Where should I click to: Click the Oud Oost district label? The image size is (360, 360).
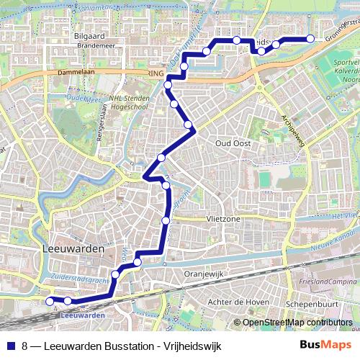coord(233,143)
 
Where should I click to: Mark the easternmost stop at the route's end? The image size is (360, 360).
coord(310,39)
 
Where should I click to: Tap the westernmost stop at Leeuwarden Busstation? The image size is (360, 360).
coord(50,300)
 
